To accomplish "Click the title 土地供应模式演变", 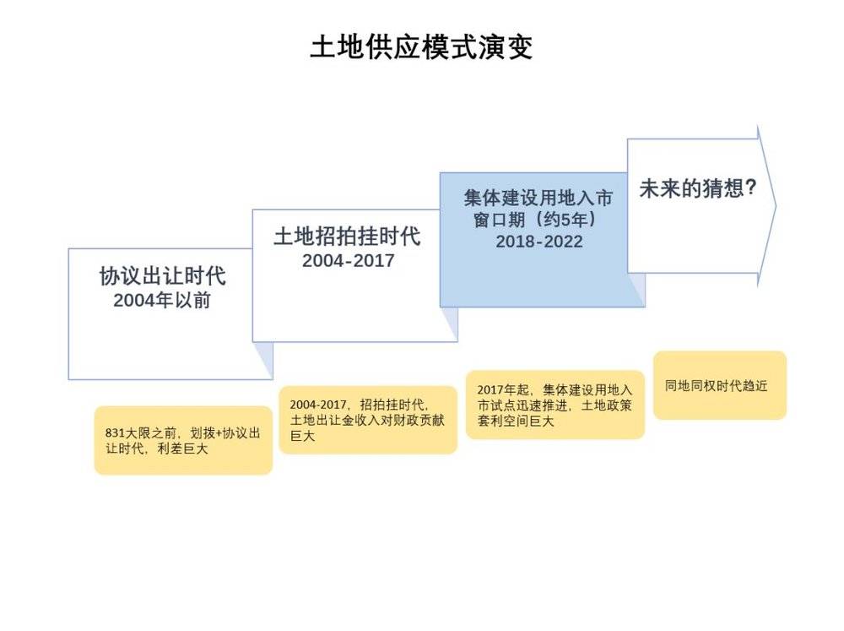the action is coord(421,47).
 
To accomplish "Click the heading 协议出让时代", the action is coord(162,276).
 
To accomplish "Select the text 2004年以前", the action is coord(161,300).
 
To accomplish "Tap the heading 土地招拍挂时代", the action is coord(347,237).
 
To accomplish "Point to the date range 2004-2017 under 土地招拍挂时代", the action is coord(348,261).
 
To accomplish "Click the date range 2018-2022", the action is coord(538,242).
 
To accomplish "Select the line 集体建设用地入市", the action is coord(538,198).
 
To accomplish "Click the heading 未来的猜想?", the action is coord(698,188).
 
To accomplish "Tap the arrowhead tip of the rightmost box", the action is coord(776,205).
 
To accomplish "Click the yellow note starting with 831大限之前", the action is coord(183,440).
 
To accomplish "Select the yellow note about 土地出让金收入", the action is coord(368,420).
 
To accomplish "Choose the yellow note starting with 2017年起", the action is coord(555,405).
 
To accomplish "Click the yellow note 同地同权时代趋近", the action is coord(720,385).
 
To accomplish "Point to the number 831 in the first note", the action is coord(115,433).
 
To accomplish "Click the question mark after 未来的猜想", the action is coord(751,188).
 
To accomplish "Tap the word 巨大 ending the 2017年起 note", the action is coord(542,421).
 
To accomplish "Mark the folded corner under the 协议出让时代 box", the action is coord(263,359).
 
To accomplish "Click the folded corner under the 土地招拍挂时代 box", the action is coord(450,324).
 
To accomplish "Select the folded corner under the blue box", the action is coord(636,290).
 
